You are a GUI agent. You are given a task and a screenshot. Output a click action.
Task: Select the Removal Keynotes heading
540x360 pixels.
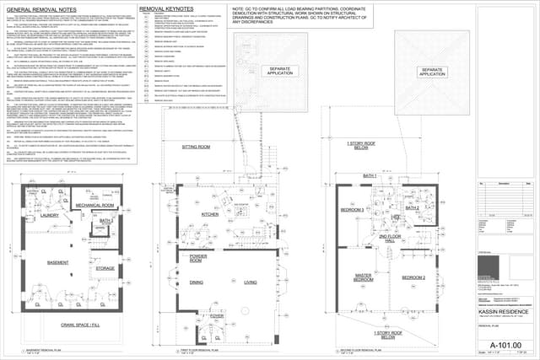[x=169, y=8]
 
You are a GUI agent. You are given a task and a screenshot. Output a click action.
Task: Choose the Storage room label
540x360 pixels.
[x=105, y=268]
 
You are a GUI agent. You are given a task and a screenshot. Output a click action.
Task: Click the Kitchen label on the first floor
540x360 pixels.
[x=209, y=215]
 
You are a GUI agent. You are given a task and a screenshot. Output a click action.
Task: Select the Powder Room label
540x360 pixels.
[x=199, y=256]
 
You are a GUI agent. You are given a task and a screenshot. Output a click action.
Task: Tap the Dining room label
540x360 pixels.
[x=196, y=282]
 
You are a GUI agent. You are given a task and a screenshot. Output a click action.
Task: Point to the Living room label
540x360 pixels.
[x=251, y=282]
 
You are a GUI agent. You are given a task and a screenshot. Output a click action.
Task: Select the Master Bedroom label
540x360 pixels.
[x=364, y=277]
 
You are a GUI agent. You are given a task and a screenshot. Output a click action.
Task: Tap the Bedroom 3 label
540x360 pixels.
[x=352, y=208]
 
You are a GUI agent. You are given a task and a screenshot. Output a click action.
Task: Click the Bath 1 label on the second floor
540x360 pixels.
[x=370, y=175]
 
